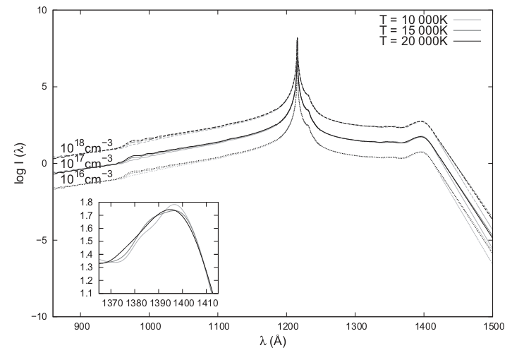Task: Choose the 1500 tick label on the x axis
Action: pos(493,327)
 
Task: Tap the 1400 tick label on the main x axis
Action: pos(425,327)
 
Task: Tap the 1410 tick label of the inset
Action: pos(208,303)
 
